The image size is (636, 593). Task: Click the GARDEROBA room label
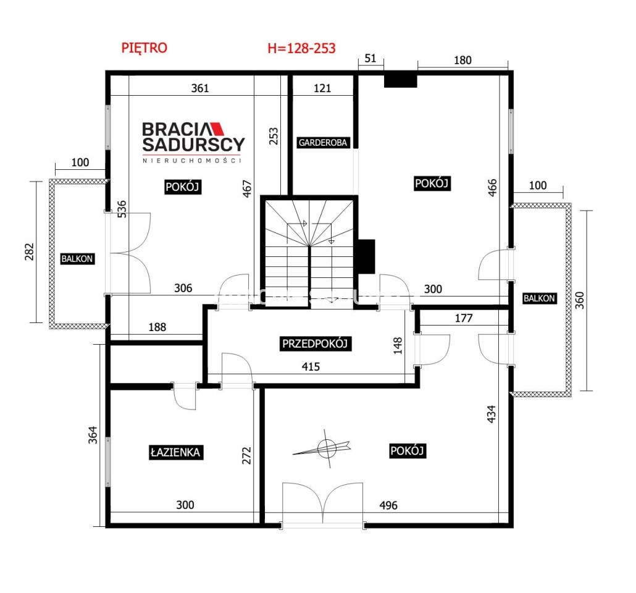323,143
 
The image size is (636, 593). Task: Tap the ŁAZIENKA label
175,452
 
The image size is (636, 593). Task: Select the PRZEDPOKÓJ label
315,343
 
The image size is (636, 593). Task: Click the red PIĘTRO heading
144,48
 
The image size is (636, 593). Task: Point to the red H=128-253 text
301,48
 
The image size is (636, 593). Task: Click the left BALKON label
77,259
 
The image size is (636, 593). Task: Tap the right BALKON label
539,298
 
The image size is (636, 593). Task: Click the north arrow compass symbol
325,448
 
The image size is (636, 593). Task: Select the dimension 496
388,505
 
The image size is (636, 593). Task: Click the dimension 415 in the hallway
311,366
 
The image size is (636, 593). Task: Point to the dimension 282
29,251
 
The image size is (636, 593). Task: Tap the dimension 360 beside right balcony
580,300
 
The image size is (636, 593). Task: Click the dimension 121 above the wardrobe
322,88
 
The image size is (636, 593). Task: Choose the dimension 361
200,88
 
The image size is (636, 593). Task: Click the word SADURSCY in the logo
193,144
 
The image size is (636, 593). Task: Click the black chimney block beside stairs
366,256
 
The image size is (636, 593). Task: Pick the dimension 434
491,414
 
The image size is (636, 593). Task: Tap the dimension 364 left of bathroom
93,435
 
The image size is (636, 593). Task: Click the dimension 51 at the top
370,59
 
